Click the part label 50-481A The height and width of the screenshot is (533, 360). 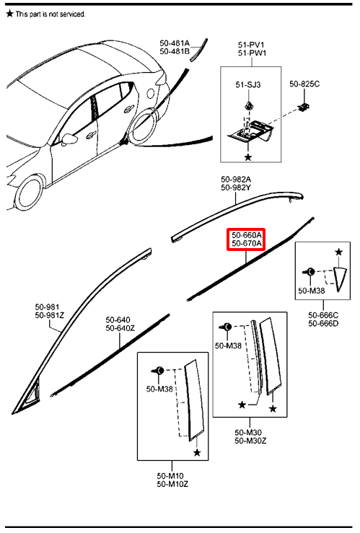pos(175,43)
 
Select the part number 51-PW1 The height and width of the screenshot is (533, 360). pos(253,53)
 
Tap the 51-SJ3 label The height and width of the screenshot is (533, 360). pos(248,84)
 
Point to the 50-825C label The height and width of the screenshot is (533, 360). pos(304,84)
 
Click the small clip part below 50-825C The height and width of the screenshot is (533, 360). pos(304,107)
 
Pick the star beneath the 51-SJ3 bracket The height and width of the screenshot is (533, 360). pos(248,157)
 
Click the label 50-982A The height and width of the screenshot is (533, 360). pos(236,179)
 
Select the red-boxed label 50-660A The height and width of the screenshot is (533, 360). pos(247,235)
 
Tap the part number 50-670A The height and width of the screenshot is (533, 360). pos(247,243)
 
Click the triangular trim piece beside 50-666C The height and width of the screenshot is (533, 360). pos(341,278)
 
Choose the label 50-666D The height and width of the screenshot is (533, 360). pos(323,323)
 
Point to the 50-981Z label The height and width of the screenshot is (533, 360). pos(50,315)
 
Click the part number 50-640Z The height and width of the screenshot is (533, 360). pos(120,328)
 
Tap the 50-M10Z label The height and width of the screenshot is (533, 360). pos(172,484)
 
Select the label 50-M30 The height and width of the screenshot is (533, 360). pos(248,432)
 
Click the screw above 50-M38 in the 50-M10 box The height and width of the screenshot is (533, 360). pos(158,371)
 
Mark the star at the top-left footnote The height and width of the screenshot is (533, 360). pos(10,14)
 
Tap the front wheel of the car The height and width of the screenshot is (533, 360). pos(30,193)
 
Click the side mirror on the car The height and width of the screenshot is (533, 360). pos(68,139)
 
